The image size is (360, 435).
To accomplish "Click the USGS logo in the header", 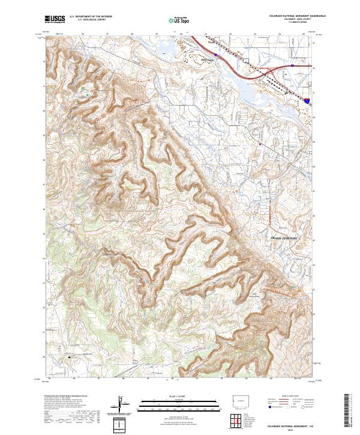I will pos(55,20).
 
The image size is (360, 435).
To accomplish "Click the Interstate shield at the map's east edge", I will pos(307,103).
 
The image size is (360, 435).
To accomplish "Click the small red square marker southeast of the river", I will pos(260,145).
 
